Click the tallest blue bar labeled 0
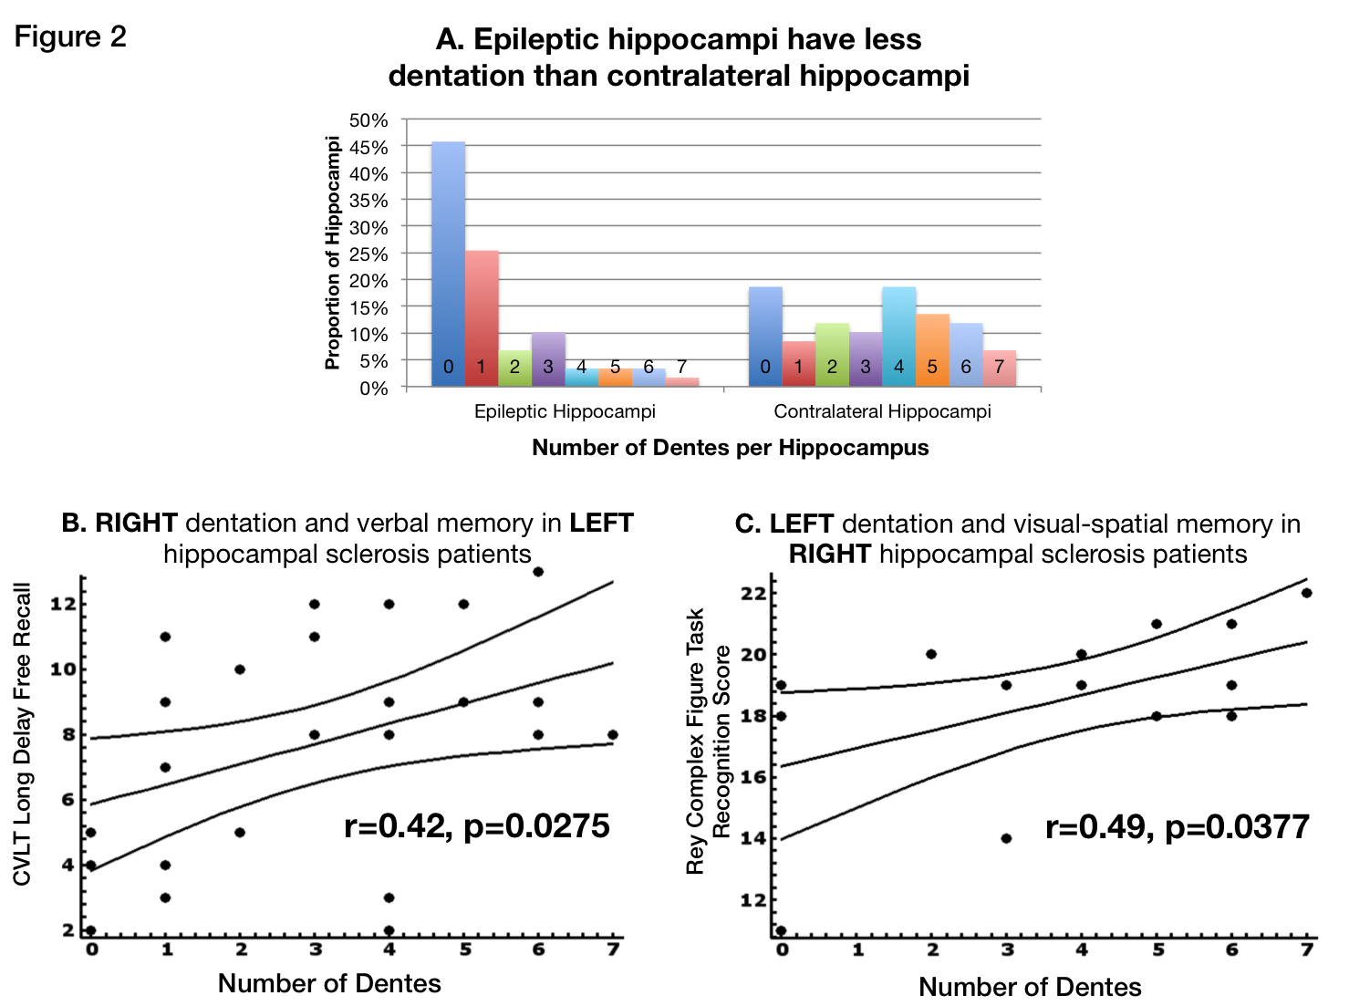(448, 264)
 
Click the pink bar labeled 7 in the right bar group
(1000, 368)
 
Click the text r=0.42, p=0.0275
(476, 826)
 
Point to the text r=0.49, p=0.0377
(1177, 827)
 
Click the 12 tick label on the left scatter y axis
(62, 604)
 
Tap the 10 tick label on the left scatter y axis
(62, 669)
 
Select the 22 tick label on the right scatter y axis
(752, 594)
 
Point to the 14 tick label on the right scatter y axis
(752, 839)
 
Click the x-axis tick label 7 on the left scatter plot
(613, 950)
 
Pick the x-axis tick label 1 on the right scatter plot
(857, 951)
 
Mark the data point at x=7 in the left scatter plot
(613, 735)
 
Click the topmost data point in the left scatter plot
(538, 572)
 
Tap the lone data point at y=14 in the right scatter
(1006, 838)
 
